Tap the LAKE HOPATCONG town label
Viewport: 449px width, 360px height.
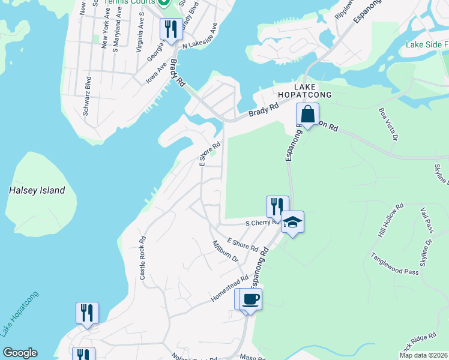tap(304, 91)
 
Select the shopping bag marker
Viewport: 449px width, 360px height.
tap(307, 114)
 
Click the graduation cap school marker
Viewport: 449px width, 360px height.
tap(292, 222)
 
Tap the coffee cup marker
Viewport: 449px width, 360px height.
tap(251, 299)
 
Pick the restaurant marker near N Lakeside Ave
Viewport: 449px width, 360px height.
tap(171, 29)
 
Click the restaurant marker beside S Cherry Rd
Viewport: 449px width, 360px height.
tap(277, 206)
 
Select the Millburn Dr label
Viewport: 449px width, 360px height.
tap(226, 251)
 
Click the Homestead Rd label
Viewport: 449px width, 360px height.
tap(229, 289)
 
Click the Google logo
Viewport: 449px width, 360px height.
tap(20, 353)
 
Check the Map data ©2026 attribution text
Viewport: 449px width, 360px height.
tap(423, 355)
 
